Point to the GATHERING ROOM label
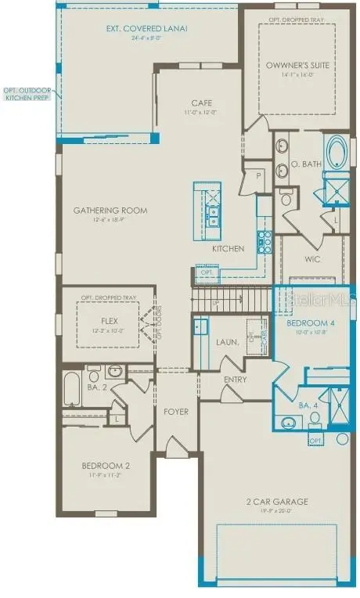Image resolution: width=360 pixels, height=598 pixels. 110,211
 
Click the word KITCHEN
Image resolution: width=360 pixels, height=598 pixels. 228,248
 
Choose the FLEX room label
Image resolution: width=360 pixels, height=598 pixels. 109,321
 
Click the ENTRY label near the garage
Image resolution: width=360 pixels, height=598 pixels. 235,380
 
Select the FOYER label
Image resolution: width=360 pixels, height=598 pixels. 175,411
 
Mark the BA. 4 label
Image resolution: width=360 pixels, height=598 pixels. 288,405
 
